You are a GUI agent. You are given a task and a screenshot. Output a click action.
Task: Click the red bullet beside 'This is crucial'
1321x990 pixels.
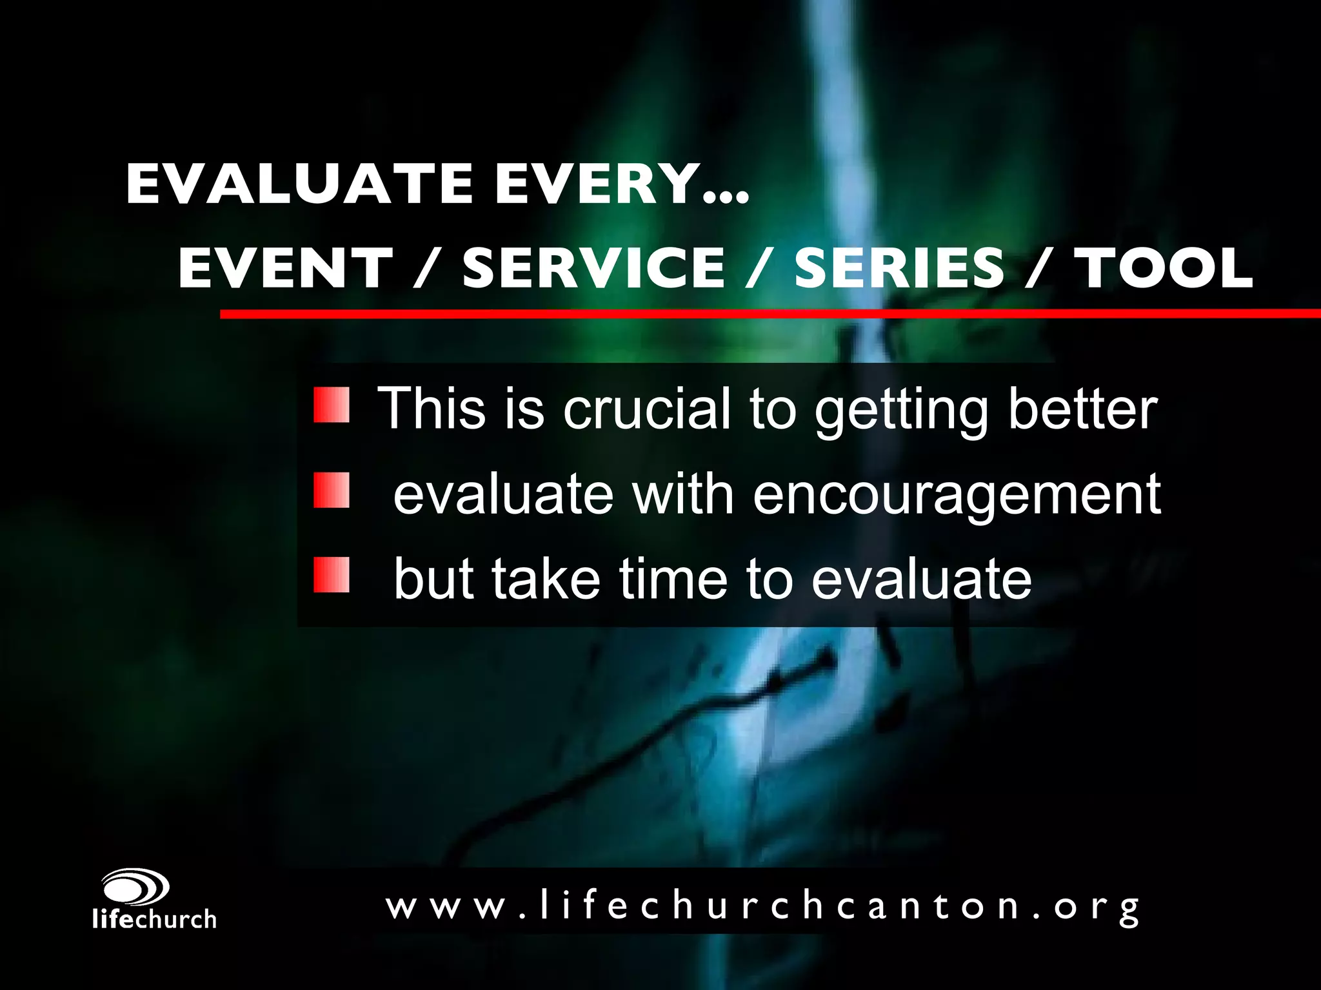tap(332, 405)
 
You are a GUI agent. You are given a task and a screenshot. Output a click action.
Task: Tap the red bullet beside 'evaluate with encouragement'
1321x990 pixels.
tap(332, 490)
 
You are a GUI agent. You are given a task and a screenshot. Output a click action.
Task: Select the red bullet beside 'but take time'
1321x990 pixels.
tap(332, 575)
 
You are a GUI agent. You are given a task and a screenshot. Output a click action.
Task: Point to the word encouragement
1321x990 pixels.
tap(957, 495)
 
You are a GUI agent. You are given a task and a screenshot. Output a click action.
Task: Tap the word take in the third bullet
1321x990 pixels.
tap(546, 578)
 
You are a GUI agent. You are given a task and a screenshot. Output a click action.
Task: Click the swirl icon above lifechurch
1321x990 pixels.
tap(135, 888)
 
